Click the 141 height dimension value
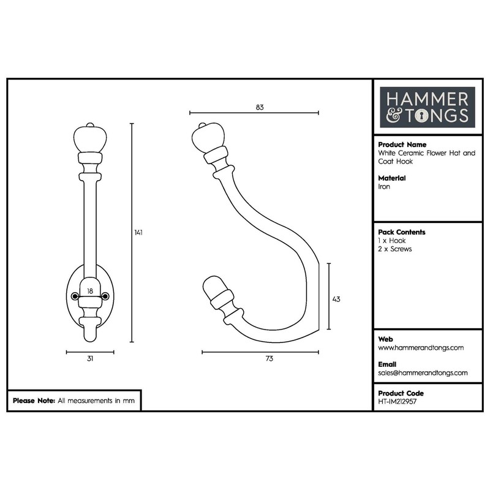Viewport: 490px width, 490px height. pyautogui.click(x=139, y=233)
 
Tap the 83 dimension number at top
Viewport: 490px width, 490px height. pyautogui.click(x=260, y=107)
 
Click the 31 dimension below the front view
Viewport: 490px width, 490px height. pyautogui.click(x=90, y=359)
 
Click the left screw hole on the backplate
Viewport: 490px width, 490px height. pyautogui.click(x=75, y=296)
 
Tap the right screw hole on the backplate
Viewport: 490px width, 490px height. pyautogui.click(x=105, y=296)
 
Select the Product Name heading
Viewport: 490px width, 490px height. pyautogui.click(x=402, y=145)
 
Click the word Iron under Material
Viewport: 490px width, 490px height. pyautogui.click(x=384, y=186)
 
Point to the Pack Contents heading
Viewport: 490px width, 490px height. pyautogui.click(x=402, y=233)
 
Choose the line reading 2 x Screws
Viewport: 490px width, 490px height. pyautogui.click(x=395, y=249)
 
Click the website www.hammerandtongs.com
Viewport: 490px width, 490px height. pyautogui.click(x=421, y=347)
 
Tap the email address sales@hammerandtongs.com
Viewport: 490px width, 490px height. pyautogui.click(x=423, y=372)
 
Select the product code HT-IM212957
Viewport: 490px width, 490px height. pyautogui.click(x=402, y=402)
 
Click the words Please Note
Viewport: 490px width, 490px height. pyautogui.click(x=34, y=401)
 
